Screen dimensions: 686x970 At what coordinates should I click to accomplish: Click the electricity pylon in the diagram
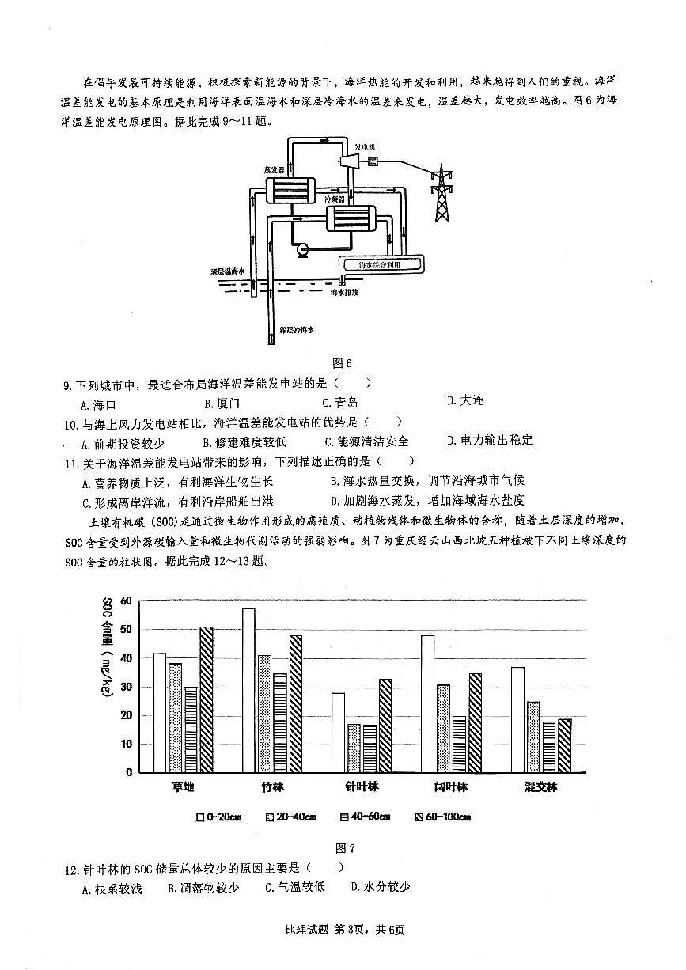[441, 193]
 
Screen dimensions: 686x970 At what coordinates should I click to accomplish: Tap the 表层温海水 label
[228, 271]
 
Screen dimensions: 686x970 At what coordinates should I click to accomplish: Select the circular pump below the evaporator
[301, 250]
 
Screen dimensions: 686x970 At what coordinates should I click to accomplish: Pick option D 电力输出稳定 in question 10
[490, 441]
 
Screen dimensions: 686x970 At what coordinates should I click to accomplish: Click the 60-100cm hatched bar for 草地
[206, 699]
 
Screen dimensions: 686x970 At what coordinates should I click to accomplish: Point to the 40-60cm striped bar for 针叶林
[369, 748]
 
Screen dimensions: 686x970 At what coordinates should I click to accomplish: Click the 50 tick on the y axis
[126, 630]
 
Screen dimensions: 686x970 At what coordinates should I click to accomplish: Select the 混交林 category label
[540, 787]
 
